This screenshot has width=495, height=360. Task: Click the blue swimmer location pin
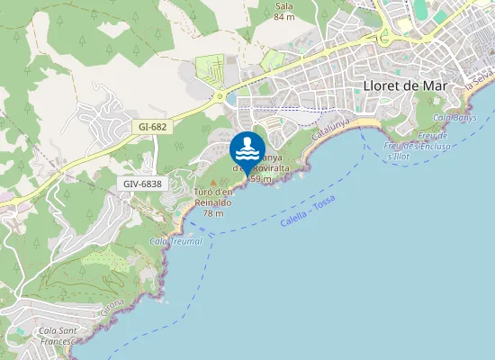coord(247,149)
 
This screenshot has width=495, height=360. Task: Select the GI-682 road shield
coord(153,127)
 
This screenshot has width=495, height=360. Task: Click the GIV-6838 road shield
coord(143,184)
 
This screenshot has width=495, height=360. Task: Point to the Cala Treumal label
coord(176,241)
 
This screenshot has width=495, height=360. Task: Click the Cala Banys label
coord(454,118)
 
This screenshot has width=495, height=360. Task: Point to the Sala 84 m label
coord(284,11)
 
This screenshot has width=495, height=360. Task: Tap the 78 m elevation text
coord(213,213)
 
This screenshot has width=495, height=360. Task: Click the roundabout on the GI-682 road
coord(219,97)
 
